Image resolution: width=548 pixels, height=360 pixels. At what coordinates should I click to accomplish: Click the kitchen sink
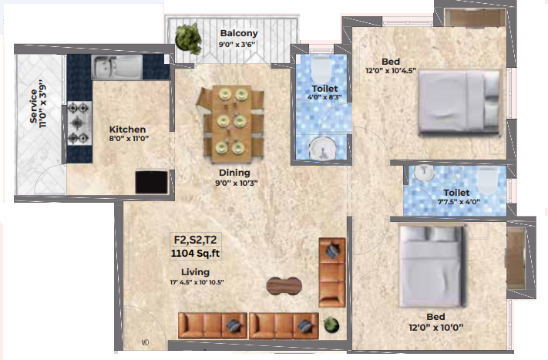point(116,67)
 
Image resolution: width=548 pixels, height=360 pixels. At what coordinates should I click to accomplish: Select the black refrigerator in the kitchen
point(151,182)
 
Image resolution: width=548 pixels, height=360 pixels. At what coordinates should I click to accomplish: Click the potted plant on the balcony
point(189,38)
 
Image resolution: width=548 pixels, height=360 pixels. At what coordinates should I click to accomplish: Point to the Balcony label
point(239,33)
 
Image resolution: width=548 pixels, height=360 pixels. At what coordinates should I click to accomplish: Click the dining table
point(230,124)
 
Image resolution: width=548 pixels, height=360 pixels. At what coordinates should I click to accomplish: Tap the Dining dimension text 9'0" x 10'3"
point(237,183)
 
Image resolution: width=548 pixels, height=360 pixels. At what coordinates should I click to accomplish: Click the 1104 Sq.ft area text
point(195,253)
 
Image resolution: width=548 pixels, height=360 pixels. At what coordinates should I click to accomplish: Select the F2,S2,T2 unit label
point(195,240)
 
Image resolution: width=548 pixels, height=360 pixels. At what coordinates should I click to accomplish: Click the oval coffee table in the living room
point(284,286)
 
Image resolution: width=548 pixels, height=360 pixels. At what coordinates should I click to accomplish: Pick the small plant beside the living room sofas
point(331,325)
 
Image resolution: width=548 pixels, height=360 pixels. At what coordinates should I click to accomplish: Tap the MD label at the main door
point(145,342)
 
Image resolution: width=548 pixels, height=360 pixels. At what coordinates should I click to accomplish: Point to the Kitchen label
point(128,130)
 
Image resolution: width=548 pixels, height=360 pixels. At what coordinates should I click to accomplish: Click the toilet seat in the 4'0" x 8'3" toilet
point(321,69)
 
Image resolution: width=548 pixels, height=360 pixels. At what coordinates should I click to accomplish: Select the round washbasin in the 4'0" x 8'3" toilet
point(323,149)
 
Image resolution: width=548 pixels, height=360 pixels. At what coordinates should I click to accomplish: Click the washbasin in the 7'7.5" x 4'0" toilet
point(424,173)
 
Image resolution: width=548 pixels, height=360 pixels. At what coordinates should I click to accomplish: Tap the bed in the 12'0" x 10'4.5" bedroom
point(459,102)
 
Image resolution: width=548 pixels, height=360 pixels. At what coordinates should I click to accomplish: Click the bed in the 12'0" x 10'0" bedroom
point(432,266)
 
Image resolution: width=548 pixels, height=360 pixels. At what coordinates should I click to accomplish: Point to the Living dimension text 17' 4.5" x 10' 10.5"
point(197,282)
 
